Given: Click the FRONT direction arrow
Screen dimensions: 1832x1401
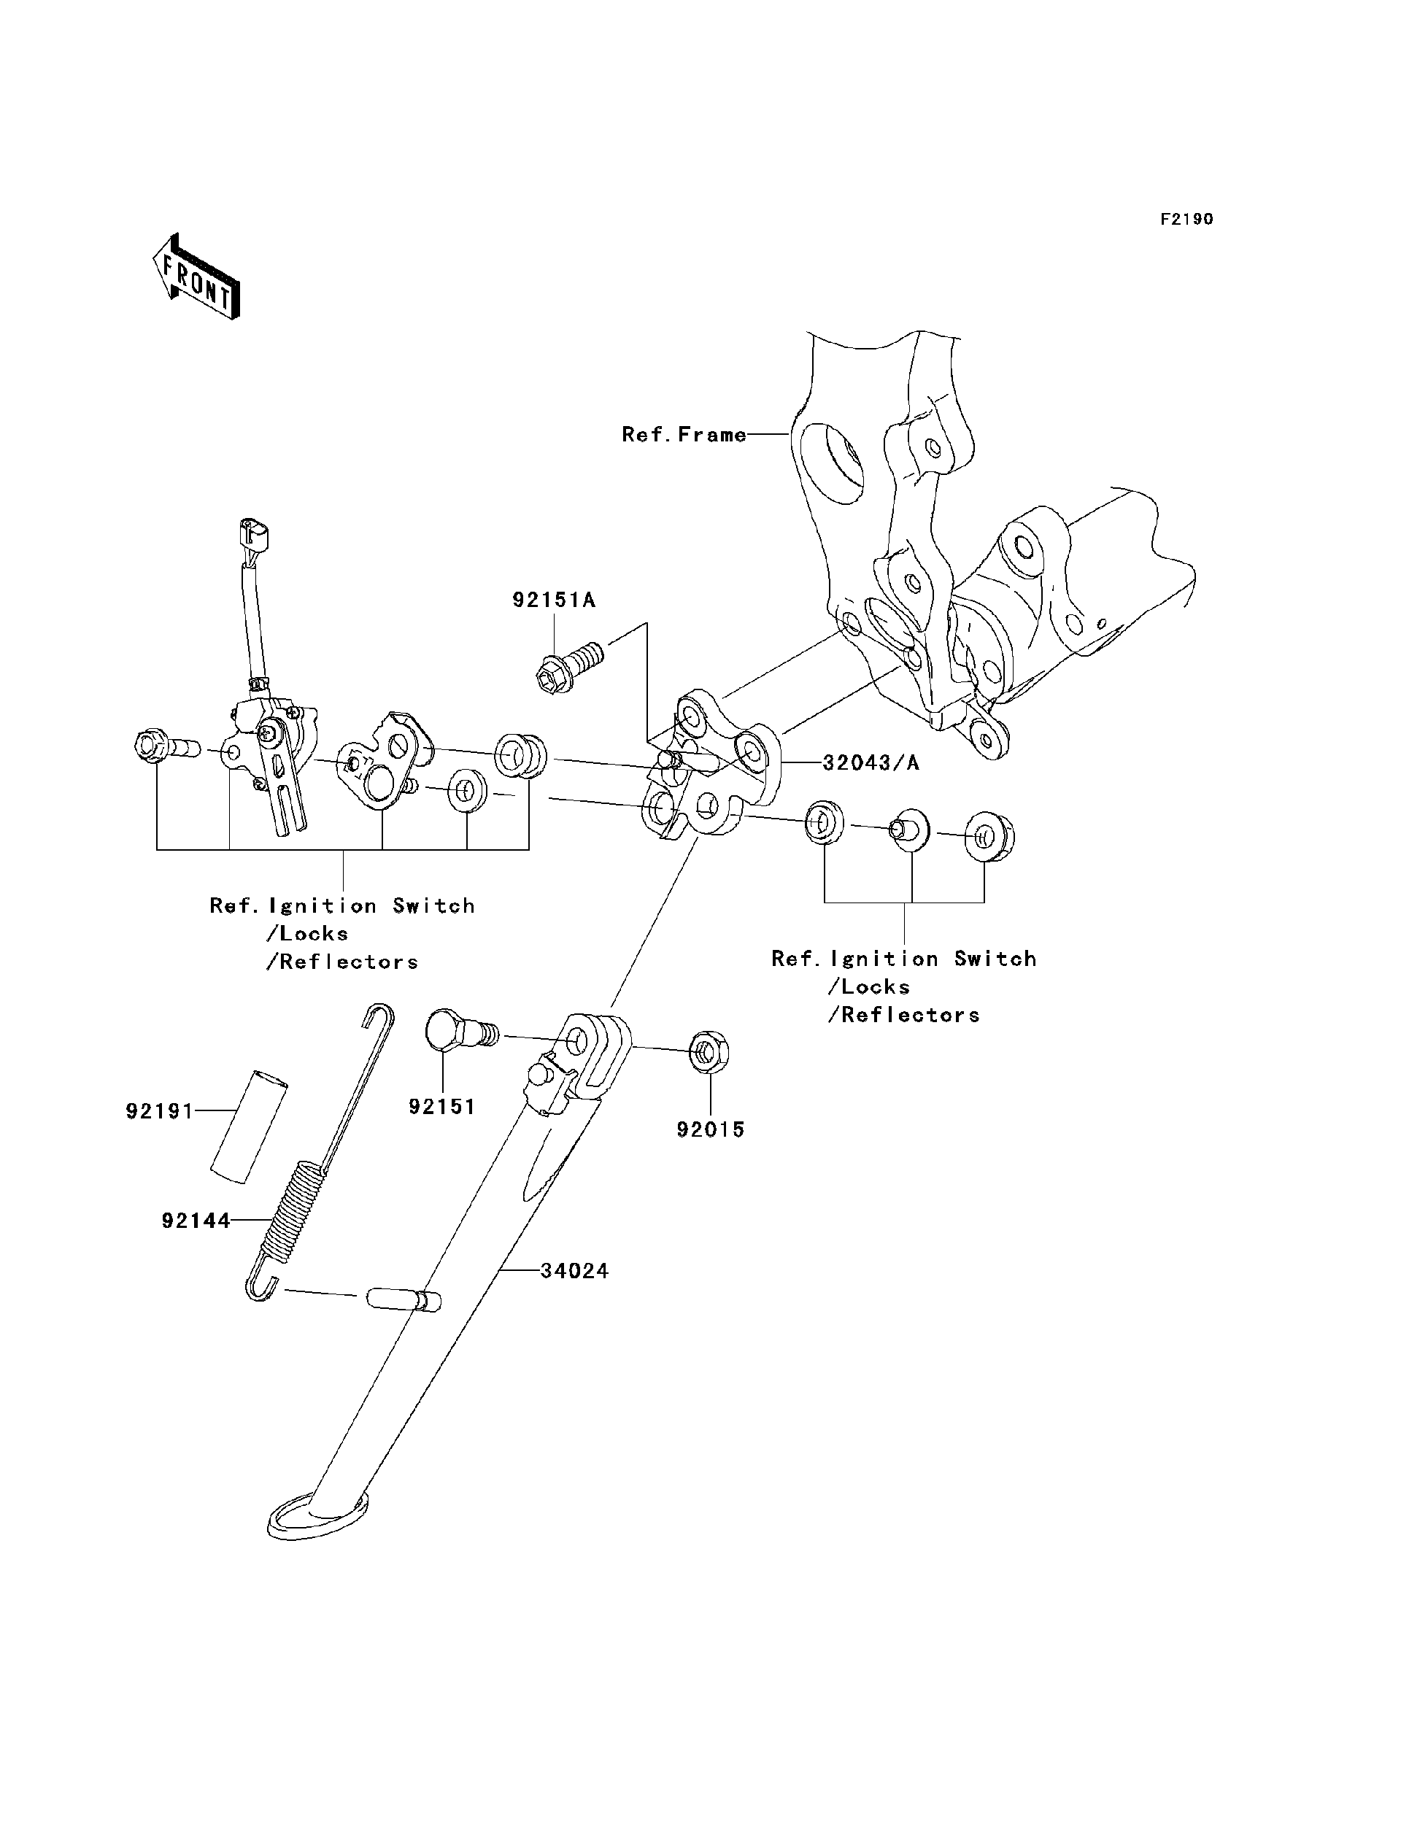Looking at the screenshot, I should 197,278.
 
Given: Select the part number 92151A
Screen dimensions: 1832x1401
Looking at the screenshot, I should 554,600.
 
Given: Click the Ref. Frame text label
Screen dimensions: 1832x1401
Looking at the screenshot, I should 684,434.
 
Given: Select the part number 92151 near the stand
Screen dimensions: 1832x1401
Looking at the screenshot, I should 442,1107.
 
